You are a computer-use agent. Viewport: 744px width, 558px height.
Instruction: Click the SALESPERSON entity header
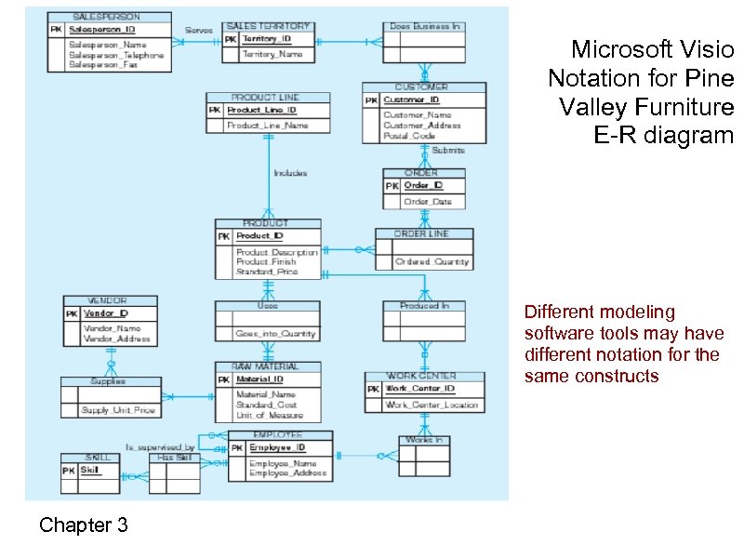coord(108,17)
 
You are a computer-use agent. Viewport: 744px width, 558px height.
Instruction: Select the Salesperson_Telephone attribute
coord(116,55)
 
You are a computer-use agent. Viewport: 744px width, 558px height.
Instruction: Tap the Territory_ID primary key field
coord(266,40)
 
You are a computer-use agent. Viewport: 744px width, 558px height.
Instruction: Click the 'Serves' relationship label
coord(198,31)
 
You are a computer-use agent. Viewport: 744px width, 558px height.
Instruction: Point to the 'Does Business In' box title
coord(424,27)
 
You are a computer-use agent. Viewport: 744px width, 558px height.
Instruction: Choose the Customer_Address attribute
coord(421,125)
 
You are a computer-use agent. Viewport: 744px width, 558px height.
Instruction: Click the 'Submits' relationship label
coord(448,150)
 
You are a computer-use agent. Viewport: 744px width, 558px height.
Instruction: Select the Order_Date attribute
coord(428,202)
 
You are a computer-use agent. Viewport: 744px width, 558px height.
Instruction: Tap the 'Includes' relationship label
coord(290,173)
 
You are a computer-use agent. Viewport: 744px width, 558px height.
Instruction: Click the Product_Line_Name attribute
coord(267,125)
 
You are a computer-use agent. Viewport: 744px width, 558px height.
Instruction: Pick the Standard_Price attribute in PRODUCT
coord(267,272)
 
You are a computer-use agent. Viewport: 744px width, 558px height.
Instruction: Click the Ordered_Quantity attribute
coord(432,262)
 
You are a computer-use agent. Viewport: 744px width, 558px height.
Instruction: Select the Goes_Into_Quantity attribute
coord(275,333)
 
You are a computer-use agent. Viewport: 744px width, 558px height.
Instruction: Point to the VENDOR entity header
coord(108,301)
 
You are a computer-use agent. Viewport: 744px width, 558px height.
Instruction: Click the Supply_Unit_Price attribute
coord(117,411)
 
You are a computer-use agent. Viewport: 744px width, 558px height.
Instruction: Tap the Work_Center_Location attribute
coord(432,405)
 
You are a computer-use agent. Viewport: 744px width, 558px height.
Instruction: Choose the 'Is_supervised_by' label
coord(160,447)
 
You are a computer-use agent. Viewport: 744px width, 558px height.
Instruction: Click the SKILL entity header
coord(98,458)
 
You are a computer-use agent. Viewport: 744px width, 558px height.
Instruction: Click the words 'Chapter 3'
coord(84,525)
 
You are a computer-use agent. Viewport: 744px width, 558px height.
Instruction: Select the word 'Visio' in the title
coord(706,48)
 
